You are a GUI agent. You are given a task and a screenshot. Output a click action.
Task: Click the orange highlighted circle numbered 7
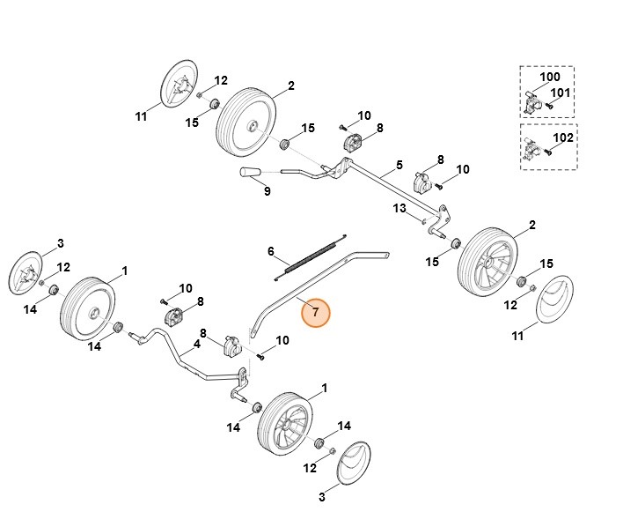pos(315,313)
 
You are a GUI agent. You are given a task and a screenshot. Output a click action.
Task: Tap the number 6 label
pos(271,251)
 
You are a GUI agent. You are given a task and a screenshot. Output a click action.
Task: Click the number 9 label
pos(268,190)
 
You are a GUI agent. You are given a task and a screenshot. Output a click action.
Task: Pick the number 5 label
pos(399,165)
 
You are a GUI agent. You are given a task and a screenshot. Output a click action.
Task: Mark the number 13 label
pos(399,208)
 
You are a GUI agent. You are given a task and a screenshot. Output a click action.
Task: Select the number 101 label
pos(561,93)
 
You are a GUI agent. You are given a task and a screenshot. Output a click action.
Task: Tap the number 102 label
pos(562,138)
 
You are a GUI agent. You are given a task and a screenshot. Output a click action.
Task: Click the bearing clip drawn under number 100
pos(531,102)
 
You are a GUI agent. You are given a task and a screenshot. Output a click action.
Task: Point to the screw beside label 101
pos(550,106)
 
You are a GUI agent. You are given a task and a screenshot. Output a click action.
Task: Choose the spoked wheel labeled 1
pos(287,424)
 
